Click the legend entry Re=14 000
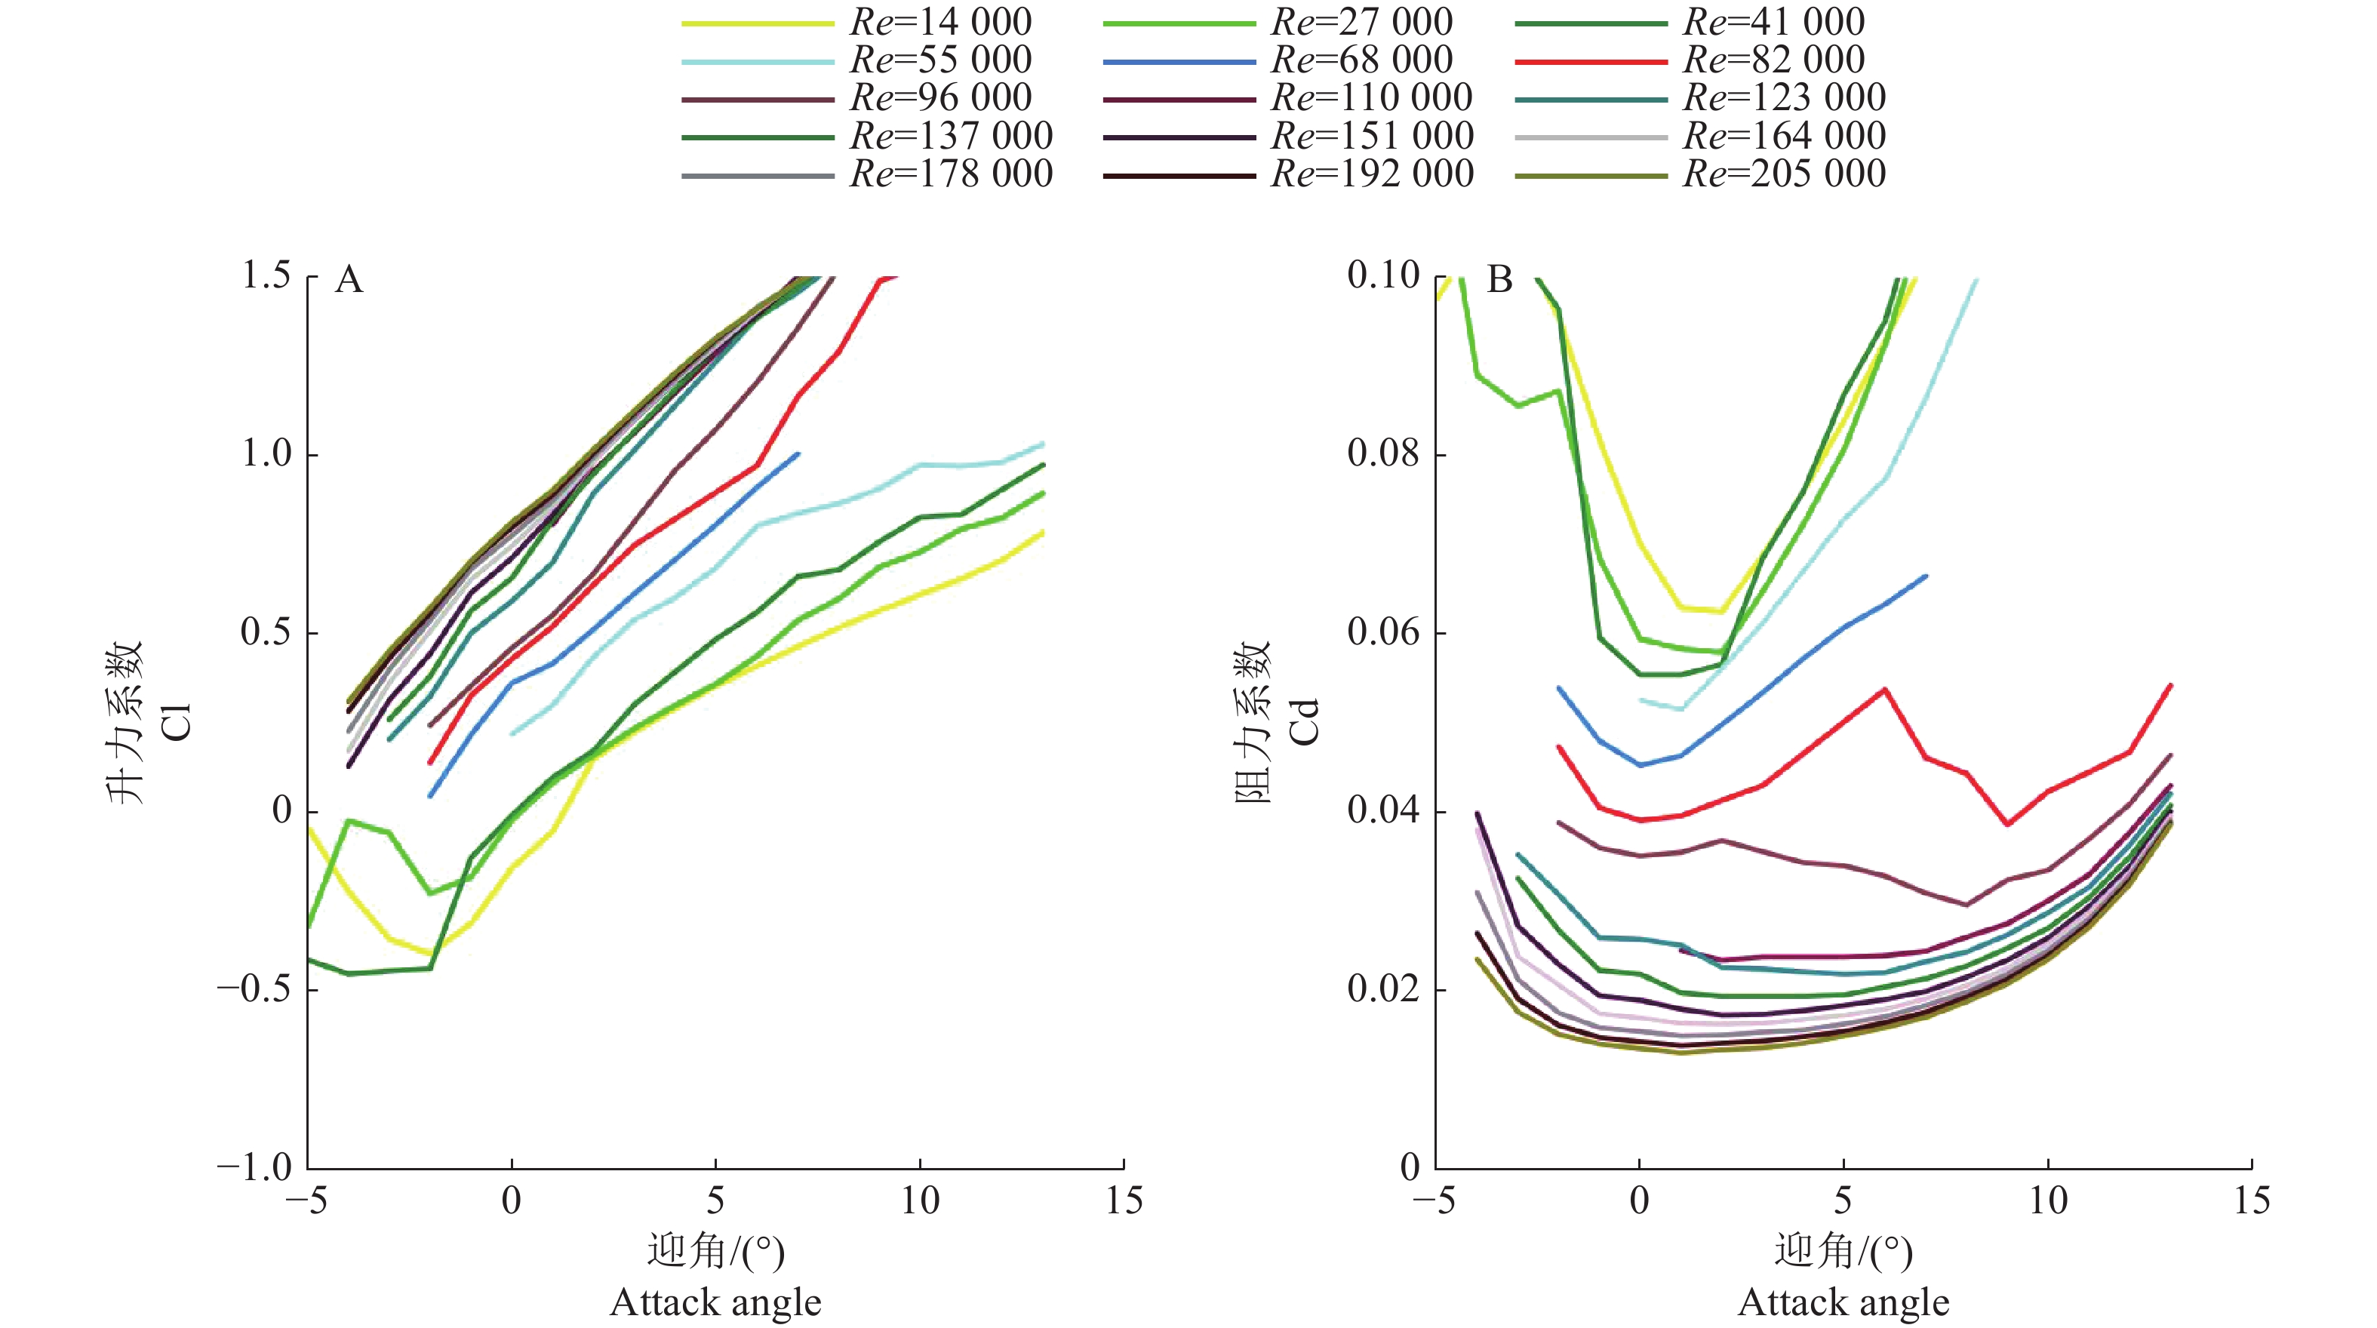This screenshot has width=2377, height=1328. click(x=940, y=22)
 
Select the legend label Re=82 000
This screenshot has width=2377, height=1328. click(x=1773, y=60)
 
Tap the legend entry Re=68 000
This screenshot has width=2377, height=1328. click(x=1362, y=60)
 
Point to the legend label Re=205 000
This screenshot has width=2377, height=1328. click(x=1784, y=174)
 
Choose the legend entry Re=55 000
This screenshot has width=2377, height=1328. click(x=940, y=60)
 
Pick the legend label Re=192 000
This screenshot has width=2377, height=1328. click(x=1372, y=174)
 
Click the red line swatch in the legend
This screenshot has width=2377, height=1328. click(x=1591, y=62)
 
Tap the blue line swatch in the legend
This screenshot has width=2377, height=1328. click(x=1179, y=62)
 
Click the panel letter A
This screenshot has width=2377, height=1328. click(x=349, y=280)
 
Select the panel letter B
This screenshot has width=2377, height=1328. click(x=1499, y=280)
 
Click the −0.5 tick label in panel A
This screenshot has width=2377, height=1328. click(x=254, y=989)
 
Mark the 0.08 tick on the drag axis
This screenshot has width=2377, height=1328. click(x=1383, y=454)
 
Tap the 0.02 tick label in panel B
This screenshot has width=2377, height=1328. click(x=1383, y=989)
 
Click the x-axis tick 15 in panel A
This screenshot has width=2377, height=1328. click(x=1124, y=1200)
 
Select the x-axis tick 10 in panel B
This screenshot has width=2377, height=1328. click(x=2047, y=1200)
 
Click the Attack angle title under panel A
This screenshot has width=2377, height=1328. click(x=715, y=1302)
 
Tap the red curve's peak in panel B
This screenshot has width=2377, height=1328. click(x=1884, y=690)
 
